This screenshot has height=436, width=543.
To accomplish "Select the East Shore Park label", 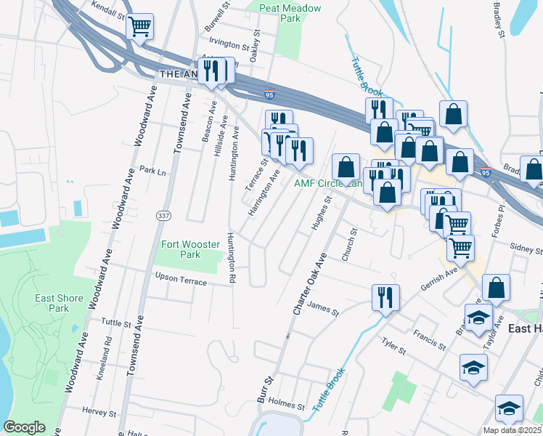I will pos(51,304).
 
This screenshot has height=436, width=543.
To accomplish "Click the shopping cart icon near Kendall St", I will pos(139,27).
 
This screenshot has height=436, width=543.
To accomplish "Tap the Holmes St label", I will pos(286,404).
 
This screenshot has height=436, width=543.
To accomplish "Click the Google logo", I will pos(25,427).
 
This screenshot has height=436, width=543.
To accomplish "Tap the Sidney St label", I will pos(526,249).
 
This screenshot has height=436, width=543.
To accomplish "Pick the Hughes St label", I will pos(321,214).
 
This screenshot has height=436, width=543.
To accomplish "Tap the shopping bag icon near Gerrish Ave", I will pos(496,288).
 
